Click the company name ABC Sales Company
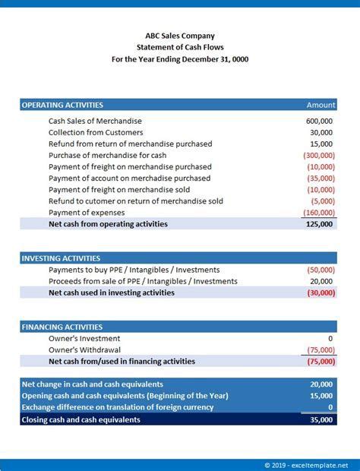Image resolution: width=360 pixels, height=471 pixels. coord(179,35)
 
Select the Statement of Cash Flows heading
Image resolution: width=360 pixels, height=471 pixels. coord(179,47)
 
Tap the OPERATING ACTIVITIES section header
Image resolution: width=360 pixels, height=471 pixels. coord(62,105)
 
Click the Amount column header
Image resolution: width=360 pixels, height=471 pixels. coord(321,105)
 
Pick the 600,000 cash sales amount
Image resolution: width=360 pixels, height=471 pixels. coord(319,121)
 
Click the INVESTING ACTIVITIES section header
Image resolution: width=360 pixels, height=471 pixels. coord(61,258)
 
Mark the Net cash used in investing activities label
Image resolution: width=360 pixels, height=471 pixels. coord(111,292)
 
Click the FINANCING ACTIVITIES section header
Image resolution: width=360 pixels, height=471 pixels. coord(61,327)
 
